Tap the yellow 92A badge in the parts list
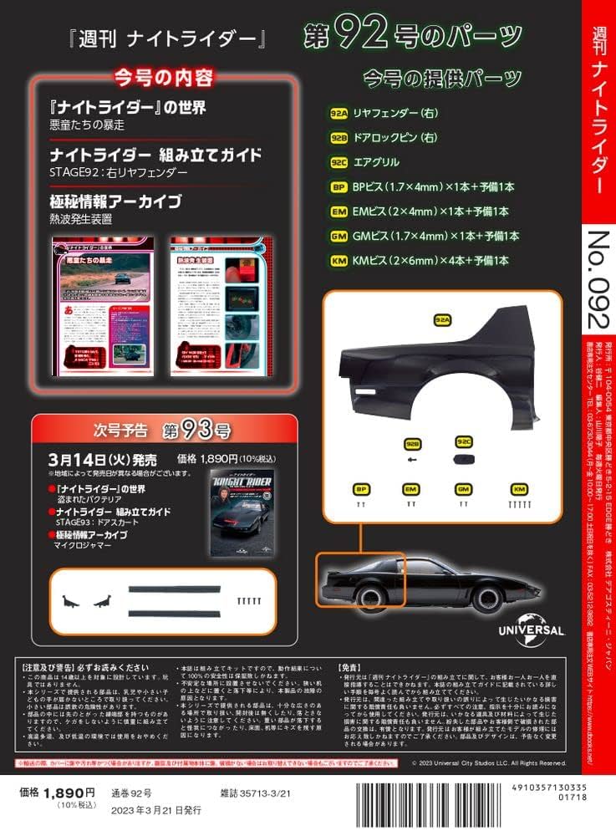[x=339, y=112]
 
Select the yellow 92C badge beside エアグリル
[x=339, y=161]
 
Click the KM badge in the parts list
[x=339, y=261]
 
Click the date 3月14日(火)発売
[x=109, y=459]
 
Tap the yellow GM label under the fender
[x=464, y=488]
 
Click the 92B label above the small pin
[x=411, y=443]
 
